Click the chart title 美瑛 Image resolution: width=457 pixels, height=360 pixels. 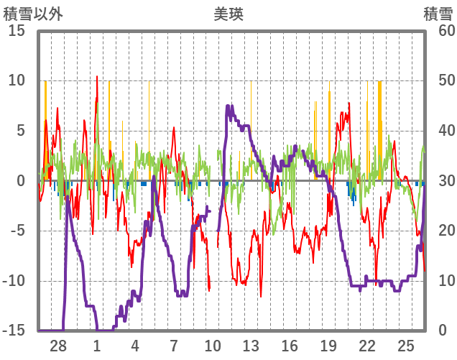pos(228,14)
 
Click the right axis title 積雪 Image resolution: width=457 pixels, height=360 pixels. pos(437,14)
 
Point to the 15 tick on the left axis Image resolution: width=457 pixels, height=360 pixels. pos(17,31)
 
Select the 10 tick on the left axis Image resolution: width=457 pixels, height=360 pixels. pos(17,80)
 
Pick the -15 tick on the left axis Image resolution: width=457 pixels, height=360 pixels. pos(16,331)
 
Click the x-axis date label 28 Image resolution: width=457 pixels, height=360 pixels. pos(58,346)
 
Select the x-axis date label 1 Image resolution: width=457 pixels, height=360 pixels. pos(97,346)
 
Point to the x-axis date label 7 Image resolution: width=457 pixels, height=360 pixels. pos(174,346)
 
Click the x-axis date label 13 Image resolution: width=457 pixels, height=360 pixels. pos(251,346)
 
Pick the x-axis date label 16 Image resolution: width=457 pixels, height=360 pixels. pos(290,346)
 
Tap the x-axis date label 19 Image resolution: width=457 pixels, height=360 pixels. pos(328,346)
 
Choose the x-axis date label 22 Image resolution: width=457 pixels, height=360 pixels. pos(367,346)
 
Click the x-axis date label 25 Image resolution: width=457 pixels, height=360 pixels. pos(406,346)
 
